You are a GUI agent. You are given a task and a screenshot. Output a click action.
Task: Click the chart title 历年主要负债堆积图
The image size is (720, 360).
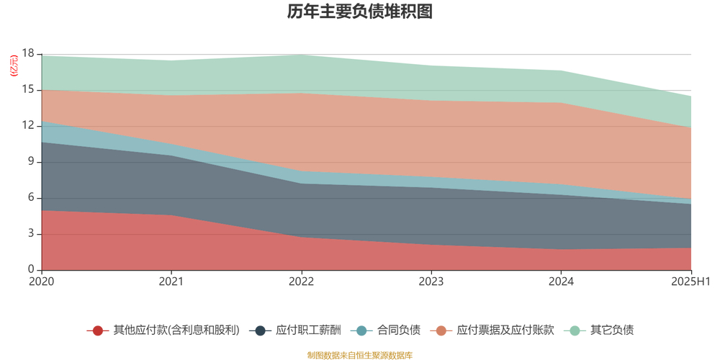coord(359,12)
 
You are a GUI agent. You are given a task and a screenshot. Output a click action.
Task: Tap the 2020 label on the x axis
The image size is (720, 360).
coord(42,281)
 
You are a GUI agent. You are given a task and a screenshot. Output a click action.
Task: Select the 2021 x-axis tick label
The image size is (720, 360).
coord(171,281)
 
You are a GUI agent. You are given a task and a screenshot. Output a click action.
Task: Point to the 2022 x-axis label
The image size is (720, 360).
coord(301,281)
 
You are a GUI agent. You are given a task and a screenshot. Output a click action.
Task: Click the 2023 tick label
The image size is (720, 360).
coord(431,281)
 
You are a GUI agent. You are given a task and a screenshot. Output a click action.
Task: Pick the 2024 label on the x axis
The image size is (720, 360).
coord(561,281)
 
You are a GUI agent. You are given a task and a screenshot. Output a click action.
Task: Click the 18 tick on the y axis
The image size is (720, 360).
coord(28,54)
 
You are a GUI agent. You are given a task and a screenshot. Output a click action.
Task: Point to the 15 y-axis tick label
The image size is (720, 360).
coord(28,90)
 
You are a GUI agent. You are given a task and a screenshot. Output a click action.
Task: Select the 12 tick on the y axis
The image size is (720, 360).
coord(28,126)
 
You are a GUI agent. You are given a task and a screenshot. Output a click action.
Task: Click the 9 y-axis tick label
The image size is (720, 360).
coord(31,162)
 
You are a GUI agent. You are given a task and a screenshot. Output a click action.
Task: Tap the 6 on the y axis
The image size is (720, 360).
coord(31,198)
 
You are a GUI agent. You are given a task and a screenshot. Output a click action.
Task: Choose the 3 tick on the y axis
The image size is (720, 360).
coord(31,234)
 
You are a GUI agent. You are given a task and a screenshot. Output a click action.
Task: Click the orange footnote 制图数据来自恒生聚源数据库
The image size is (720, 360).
coord(359,355)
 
